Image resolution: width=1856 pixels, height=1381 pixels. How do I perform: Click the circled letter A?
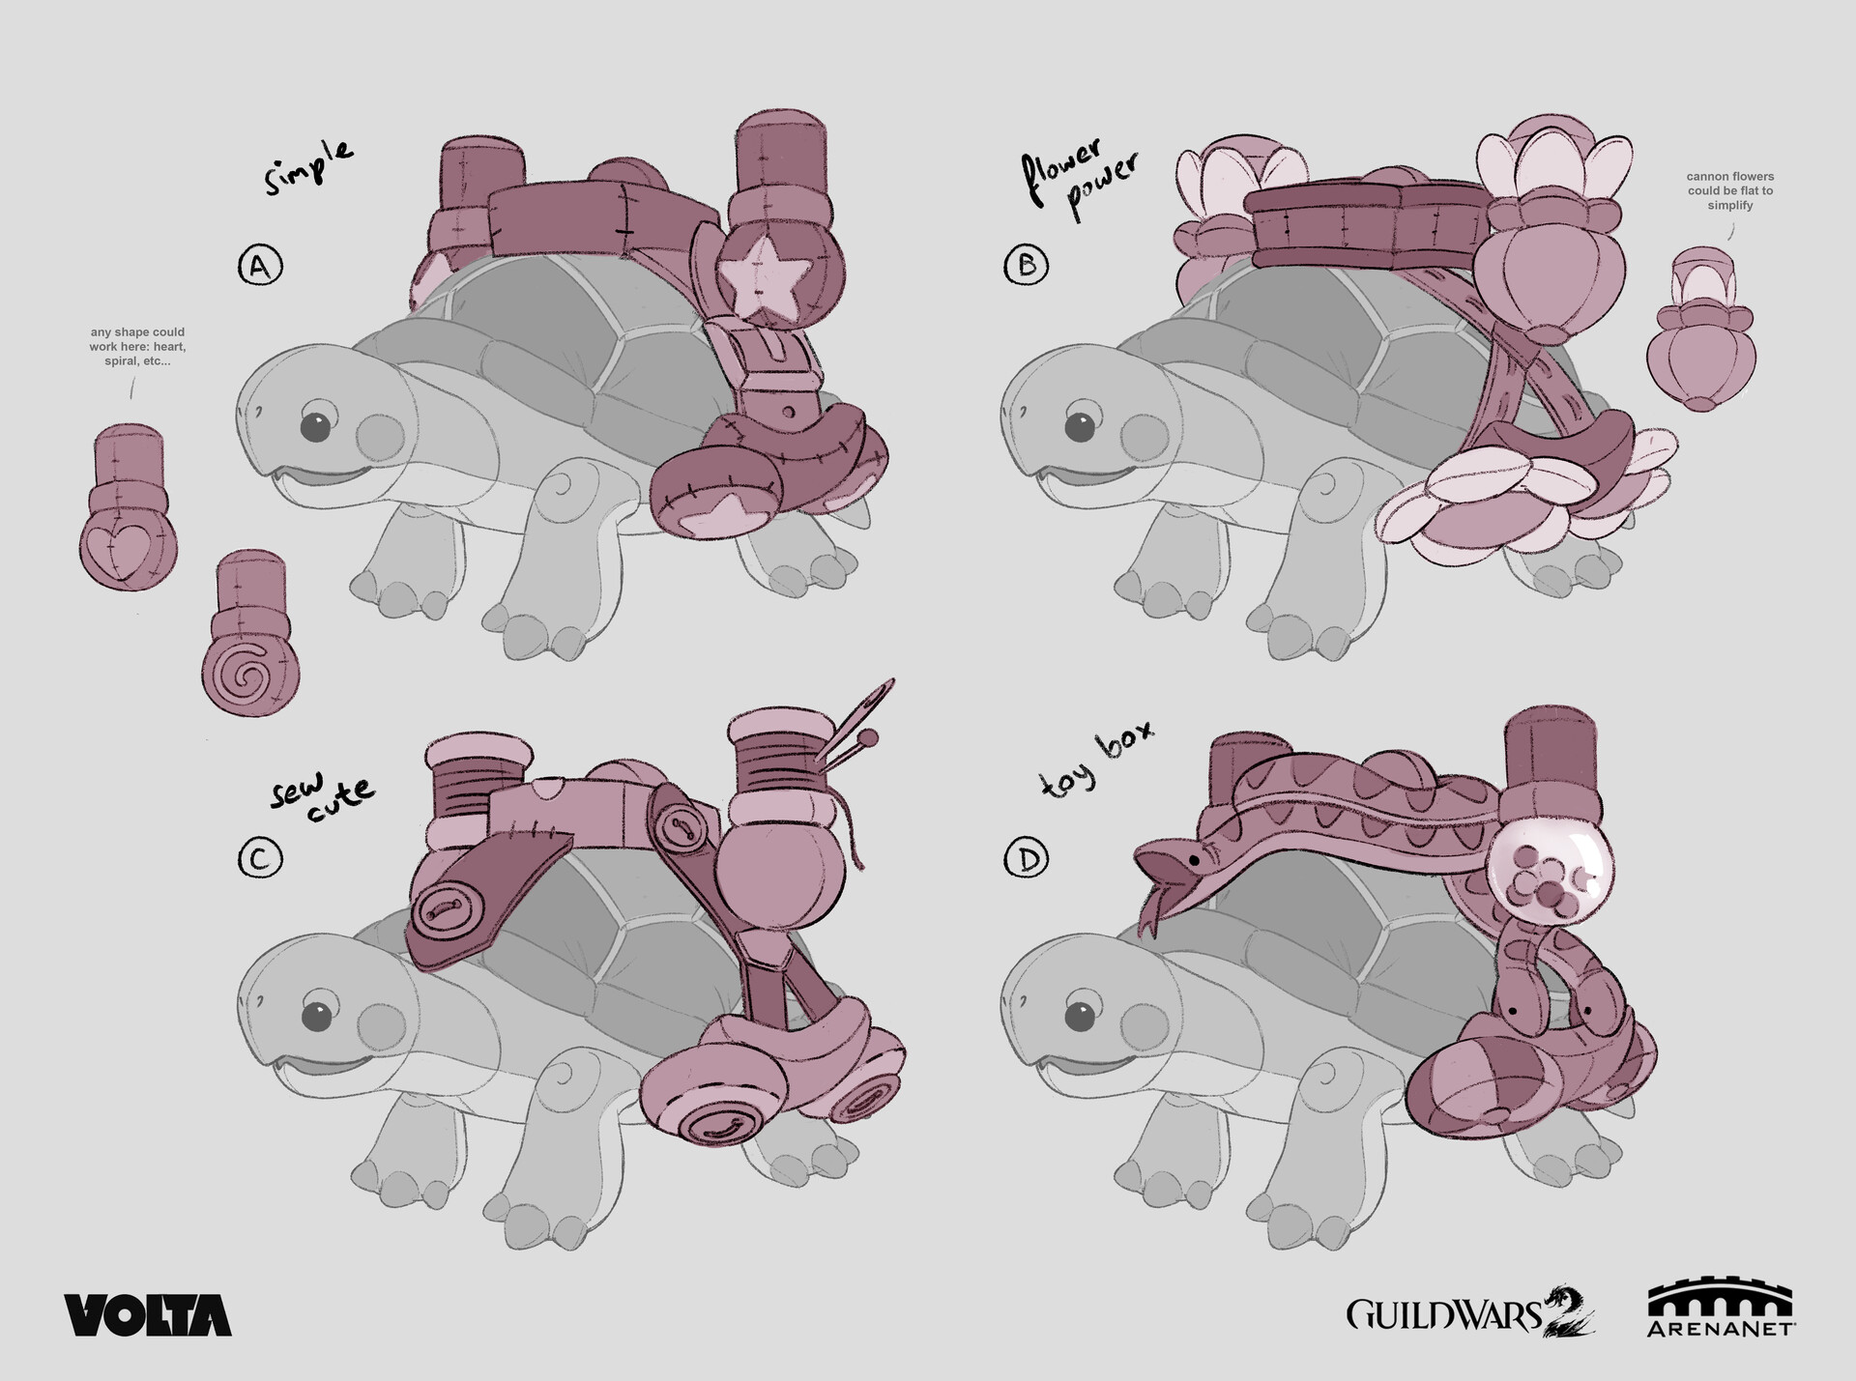tap(260, 266)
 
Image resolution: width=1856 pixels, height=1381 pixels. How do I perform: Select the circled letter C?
tap(260, 858)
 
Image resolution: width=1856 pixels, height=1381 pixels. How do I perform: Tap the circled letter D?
tap(1027, 858)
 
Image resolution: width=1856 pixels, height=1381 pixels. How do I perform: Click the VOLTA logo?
tap(148, 1315)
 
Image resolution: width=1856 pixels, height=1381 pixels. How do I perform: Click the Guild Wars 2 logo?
tap(1469, 1315)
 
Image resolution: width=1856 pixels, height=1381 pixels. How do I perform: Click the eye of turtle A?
tap(315, 426)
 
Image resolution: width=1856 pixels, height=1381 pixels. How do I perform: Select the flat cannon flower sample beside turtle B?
tap(1701, 329)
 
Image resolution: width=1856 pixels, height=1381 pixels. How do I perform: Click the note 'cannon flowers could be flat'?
tap(1730, 190)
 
